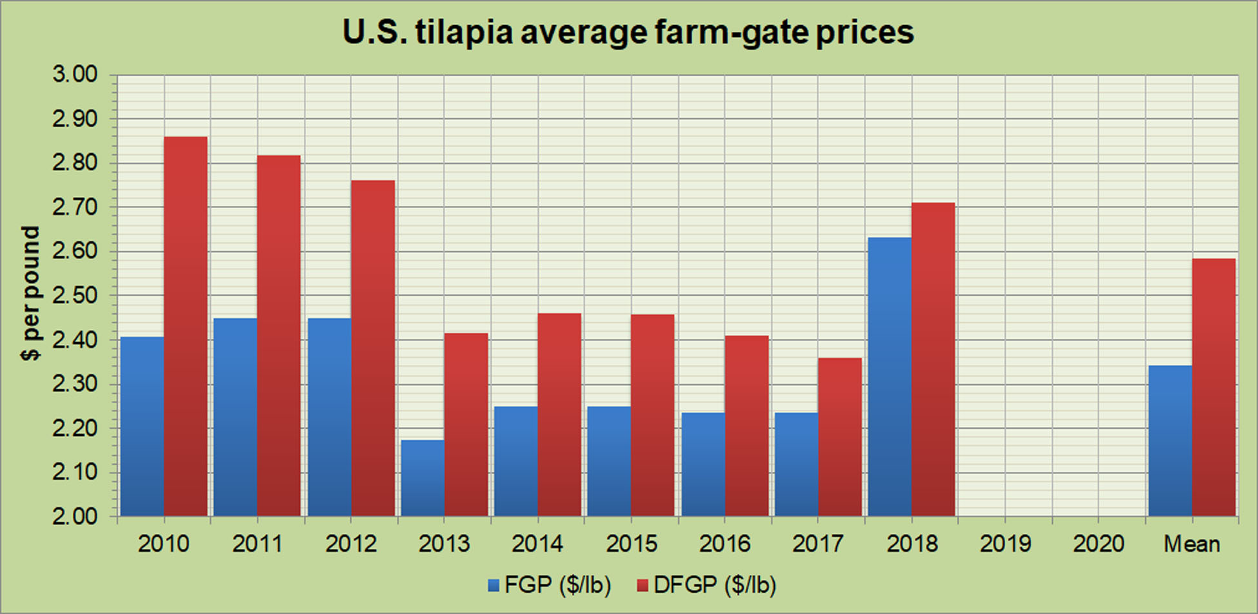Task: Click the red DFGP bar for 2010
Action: pos(186,326)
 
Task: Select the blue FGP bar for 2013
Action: pos(423,478)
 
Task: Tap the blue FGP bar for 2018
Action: pos(890,376)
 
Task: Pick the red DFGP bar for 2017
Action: pos(840,436)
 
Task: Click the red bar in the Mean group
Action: pos(1213,387)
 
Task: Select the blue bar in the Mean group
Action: pos(1170,440)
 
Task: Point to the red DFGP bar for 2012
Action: pos(373,348)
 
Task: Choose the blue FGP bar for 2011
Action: pos(235,416)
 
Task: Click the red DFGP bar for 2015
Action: pos(653,415)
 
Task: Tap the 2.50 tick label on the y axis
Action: pos(75,296)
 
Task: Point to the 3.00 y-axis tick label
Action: pos(75,74)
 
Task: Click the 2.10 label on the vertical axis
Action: pos(75,472)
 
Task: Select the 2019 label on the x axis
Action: pos(1005,544)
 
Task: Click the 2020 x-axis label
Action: pos(1099,544)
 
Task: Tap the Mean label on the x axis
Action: pos(1192,544)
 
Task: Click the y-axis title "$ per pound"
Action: pos(30,294)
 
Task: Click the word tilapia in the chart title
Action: pos(464,32)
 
